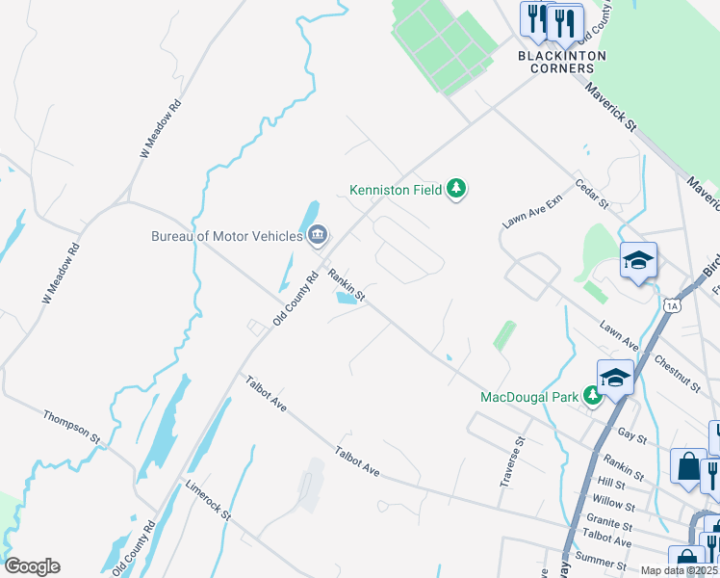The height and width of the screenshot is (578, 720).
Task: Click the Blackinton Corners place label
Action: click(562, 63)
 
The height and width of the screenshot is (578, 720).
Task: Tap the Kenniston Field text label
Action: click(396, 190)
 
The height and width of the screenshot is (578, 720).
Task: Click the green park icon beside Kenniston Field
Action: click(457, 190)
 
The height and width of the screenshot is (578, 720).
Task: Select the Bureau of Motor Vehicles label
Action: click(227, 235)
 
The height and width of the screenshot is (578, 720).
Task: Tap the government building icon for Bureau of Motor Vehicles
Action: click(318, 234)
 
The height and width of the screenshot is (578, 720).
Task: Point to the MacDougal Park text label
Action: click(529, 397)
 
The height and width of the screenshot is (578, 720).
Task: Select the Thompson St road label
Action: click(71, 425)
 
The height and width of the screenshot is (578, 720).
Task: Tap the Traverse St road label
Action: click(511, 462)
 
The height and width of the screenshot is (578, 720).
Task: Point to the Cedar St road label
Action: click(592, 193)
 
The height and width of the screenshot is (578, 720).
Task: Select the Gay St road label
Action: click(631, 436)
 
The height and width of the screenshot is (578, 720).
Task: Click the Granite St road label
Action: click(608, 527)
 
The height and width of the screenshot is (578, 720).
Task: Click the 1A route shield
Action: click(672, 305)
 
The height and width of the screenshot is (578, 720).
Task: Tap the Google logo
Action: click(33, 566)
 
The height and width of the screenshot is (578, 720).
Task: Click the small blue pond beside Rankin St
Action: click(345, 298)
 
